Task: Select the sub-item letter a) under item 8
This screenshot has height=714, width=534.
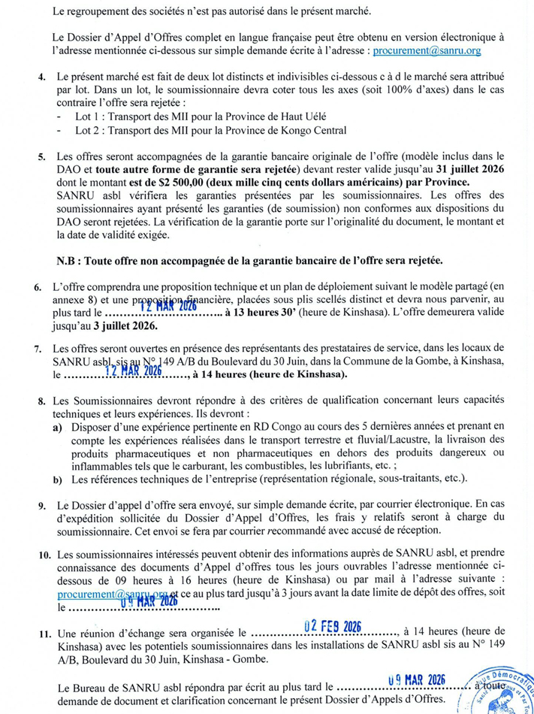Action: (57, 427)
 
